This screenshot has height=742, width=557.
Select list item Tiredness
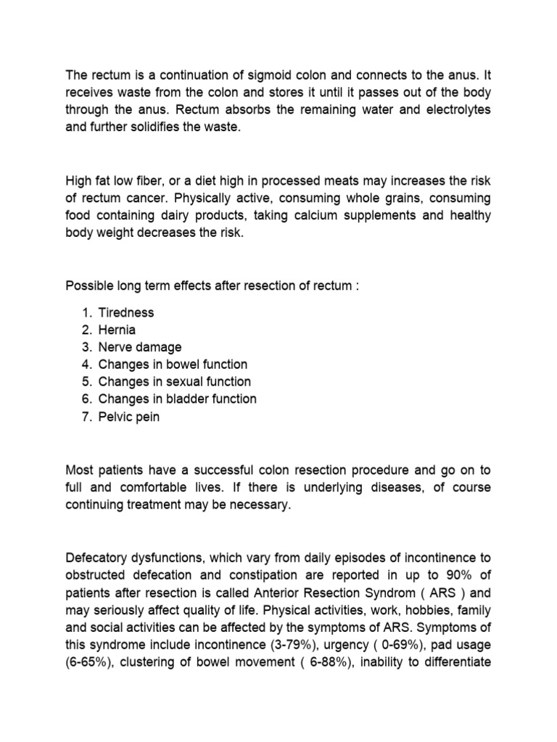click(126, 312)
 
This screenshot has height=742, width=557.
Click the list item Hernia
click(117, 330)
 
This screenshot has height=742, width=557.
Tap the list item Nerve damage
click(140, 347)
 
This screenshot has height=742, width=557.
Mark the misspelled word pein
click(147, 417)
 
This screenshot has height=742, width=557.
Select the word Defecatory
click(97, 559)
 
